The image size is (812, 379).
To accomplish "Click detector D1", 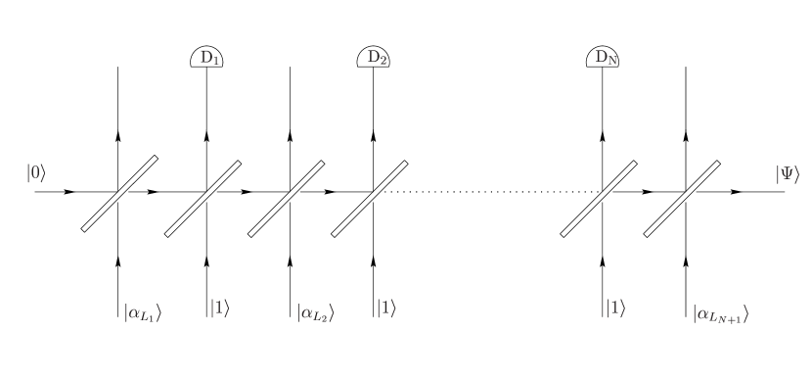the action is coord(206,58).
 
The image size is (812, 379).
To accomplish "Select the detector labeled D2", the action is coord(374,58).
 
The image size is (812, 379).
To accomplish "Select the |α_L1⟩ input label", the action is coord(141,312).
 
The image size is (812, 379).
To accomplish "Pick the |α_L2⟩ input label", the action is coord(315,312).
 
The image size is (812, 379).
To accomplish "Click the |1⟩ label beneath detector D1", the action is coord(219,308).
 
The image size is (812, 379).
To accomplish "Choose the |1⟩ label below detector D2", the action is coord(385,308).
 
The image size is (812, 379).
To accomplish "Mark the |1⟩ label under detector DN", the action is coord(614,308).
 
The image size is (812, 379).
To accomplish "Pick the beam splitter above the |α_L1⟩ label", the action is coord(119,193).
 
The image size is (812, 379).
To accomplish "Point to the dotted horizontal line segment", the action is coord(489,192).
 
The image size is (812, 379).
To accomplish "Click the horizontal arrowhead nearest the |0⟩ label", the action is coord(69,192).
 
